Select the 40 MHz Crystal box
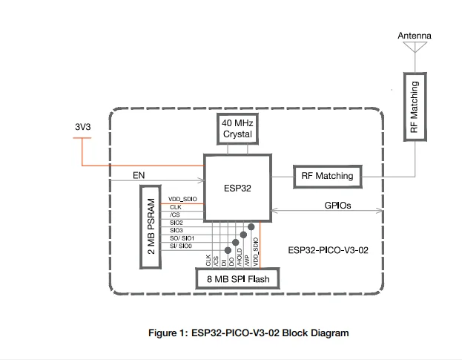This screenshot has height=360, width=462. click(x=237, y=128)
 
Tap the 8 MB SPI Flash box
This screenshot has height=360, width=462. click(x=237, y=280)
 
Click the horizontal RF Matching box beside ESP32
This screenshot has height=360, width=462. click(x=327, y=177)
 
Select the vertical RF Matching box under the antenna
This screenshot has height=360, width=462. click(x=413, y=105)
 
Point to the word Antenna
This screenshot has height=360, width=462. click(x=414, y=36)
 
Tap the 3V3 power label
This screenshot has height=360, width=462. click(x=84, y=127)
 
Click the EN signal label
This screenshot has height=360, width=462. click(x=139, y=176)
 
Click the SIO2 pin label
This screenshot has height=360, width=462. click(x=176, y=222)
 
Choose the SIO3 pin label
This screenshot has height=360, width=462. click(x=176, y=230)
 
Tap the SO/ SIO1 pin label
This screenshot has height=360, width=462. click(x=181, y=238)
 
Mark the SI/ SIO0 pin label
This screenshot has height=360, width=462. click(x=179, y=246)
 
